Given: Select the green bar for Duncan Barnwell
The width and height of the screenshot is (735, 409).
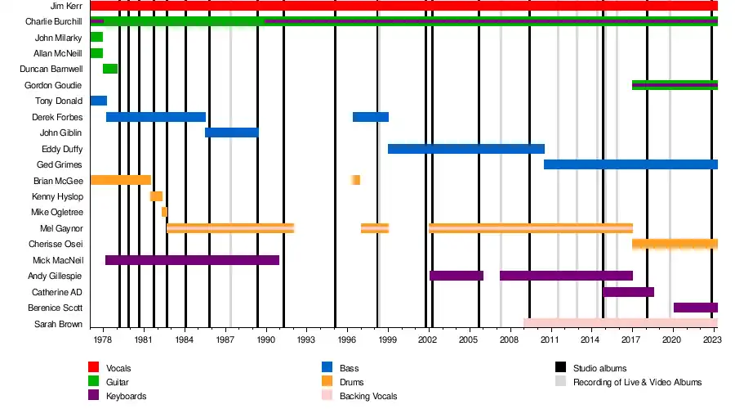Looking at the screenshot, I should tap(110, 69).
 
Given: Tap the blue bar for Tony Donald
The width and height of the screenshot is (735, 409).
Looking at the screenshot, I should tap(98, 101).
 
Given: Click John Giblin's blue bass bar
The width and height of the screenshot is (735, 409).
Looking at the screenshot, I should tap(231, 133).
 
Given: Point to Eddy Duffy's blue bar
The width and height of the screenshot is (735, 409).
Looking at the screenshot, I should tap(465, 149).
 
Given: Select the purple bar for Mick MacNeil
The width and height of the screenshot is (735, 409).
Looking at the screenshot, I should tap(192, 260).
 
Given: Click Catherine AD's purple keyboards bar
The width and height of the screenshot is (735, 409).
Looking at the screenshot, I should tap(628, 292).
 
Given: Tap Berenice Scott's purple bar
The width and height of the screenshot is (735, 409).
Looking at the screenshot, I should tap(695, 308).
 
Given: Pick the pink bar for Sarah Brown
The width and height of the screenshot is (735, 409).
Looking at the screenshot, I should tap(620, 323).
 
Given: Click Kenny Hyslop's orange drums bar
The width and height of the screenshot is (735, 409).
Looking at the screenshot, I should tap(156, 196).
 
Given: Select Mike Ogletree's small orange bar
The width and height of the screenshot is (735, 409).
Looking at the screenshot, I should tap(164, 212).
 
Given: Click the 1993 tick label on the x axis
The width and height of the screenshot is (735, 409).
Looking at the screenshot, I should tap(306, 339).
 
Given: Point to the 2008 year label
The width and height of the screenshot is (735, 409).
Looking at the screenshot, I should tap(510, 339).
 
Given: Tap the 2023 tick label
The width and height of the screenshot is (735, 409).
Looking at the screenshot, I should tap(712, 339).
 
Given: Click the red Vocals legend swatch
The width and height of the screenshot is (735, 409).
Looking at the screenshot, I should tap(94, 368).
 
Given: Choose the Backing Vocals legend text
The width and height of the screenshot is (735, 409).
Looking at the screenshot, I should tap(367, 396).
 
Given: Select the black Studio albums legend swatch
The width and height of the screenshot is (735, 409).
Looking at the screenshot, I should tap(560, 368).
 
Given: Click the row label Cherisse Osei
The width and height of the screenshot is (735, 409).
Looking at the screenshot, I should tap(56, 244).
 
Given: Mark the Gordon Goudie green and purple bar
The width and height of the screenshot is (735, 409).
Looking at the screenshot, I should tap(675, 85).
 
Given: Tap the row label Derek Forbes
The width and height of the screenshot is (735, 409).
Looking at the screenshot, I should tap(57, 117).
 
